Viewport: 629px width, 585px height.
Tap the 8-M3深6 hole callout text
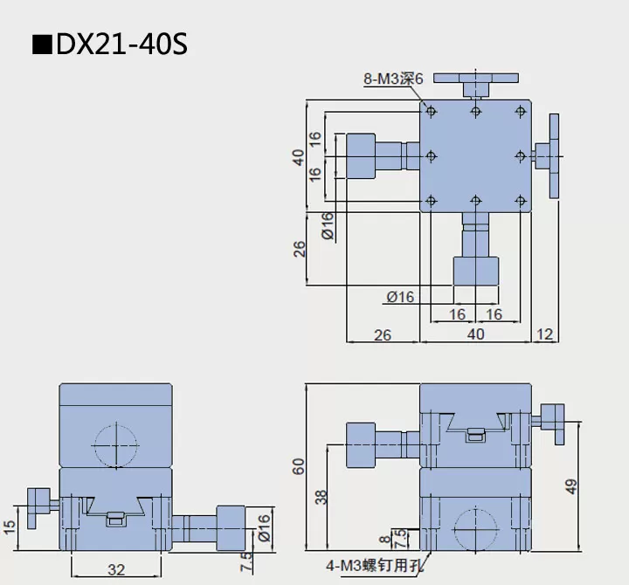tap(393, 79)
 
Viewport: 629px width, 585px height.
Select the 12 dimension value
tap(546, 334)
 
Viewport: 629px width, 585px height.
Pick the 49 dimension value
tap(572, 485)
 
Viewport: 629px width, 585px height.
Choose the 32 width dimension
tap(116, 570)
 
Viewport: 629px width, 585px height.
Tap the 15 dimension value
tap(10, 528)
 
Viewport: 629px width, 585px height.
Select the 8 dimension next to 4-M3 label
tap(385, 541)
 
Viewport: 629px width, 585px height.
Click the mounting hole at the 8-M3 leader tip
tap(430, 111)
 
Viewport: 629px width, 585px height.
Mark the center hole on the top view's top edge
tap(475, 111)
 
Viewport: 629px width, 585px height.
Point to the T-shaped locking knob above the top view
tap(475, 84)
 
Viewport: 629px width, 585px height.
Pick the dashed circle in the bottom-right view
tap(475, 529)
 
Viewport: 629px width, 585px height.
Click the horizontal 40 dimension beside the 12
tap(475, 334)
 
